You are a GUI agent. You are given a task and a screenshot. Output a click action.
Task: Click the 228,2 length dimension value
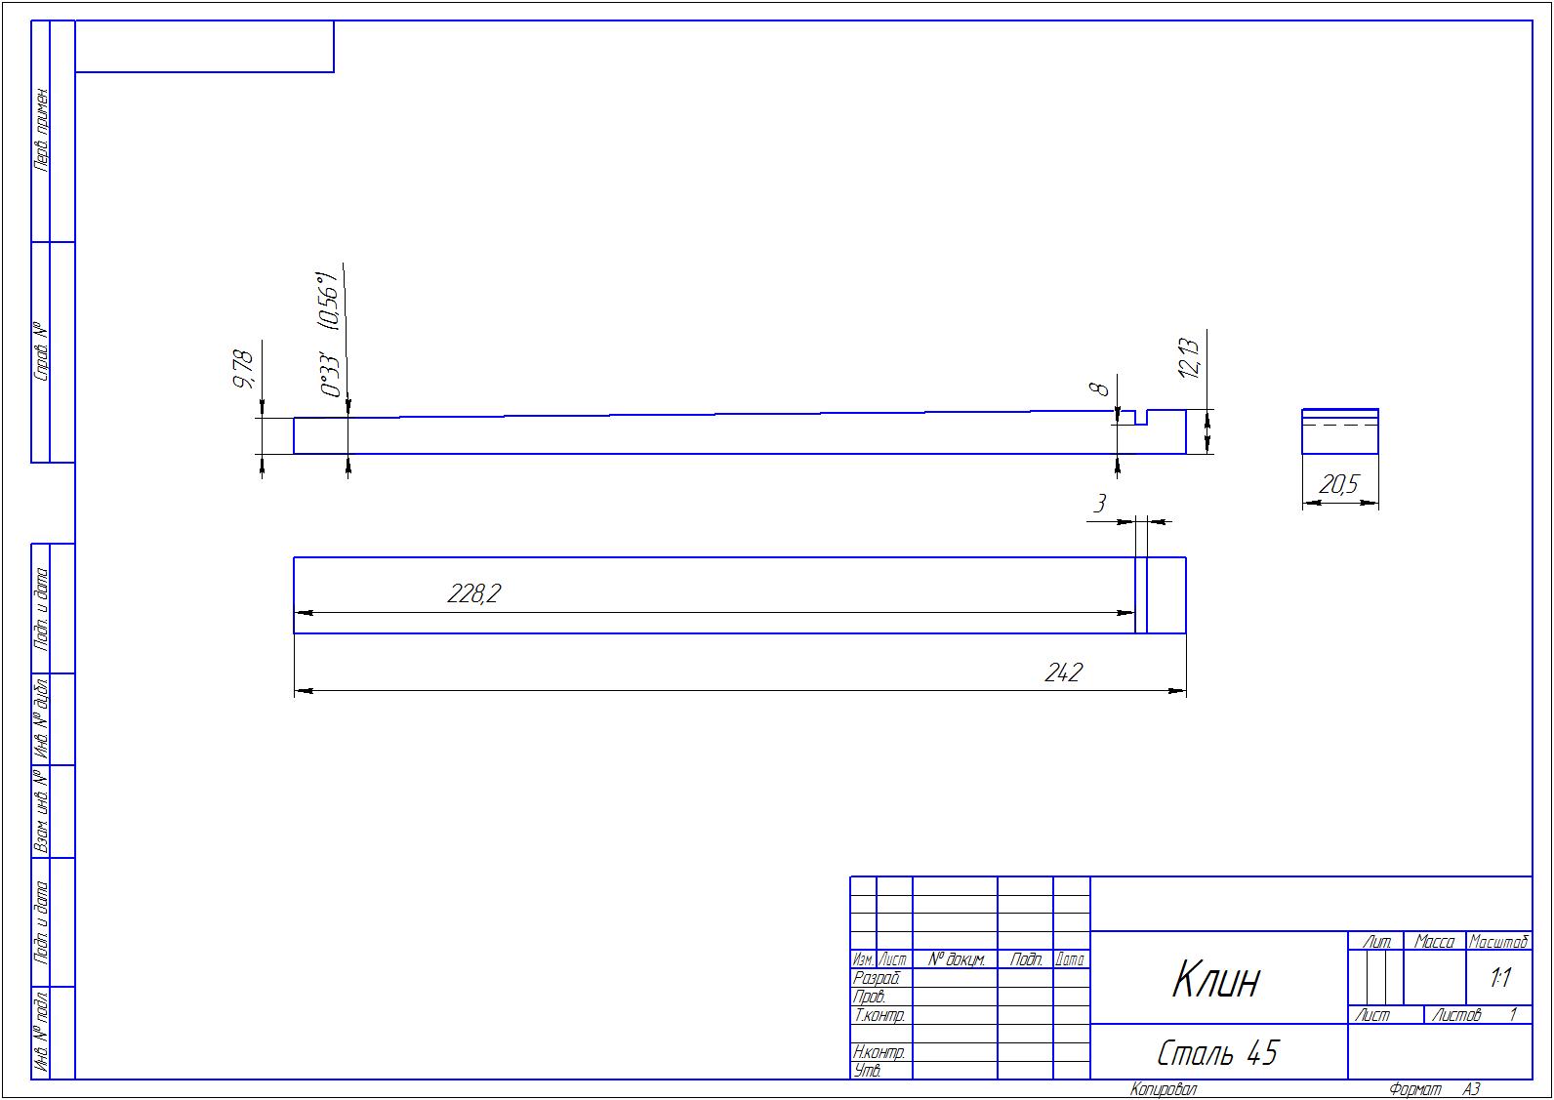(x=473, y=593)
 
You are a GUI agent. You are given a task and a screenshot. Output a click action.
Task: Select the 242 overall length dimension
(x=1064, y=672)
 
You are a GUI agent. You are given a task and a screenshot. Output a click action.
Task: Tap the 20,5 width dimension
(x=1339, y=484)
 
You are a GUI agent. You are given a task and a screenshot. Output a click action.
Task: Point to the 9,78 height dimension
(x=243, y=369)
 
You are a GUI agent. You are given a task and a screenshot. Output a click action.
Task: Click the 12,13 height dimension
(x=1189, y=358)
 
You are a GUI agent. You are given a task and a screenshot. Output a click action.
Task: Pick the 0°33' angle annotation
(x=331, y=376)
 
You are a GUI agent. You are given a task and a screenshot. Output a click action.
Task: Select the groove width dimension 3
(x=1099, y=504)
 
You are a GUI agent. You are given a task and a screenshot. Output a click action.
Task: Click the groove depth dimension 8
(x=1100, y=387)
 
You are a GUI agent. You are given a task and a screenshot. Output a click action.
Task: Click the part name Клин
(x=1215, y=979)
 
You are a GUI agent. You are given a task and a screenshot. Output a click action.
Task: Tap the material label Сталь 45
(x=1217, y=1053)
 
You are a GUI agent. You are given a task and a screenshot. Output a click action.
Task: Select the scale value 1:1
(x=1500, y=978)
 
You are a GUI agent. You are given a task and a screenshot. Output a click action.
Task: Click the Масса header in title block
(x=1434, y=941)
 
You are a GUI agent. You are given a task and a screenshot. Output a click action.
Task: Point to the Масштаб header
(x=1498, y=941)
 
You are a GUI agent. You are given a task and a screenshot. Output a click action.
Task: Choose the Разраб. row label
(x=877, y=978)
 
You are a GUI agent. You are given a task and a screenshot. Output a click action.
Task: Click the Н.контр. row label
(x=879, y=1052)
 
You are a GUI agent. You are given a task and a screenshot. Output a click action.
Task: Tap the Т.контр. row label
(x=879, y=1015)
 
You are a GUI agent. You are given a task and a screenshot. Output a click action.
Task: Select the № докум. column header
(x=956, y=959)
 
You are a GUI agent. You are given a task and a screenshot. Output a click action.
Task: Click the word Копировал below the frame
(x=1163, y=1089)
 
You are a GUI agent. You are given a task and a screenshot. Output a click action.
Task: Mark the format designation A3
(x=1471, y=1089)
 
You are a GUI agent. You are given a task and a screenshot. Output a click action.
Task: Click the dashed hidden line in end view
(x=1339, y=426)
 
